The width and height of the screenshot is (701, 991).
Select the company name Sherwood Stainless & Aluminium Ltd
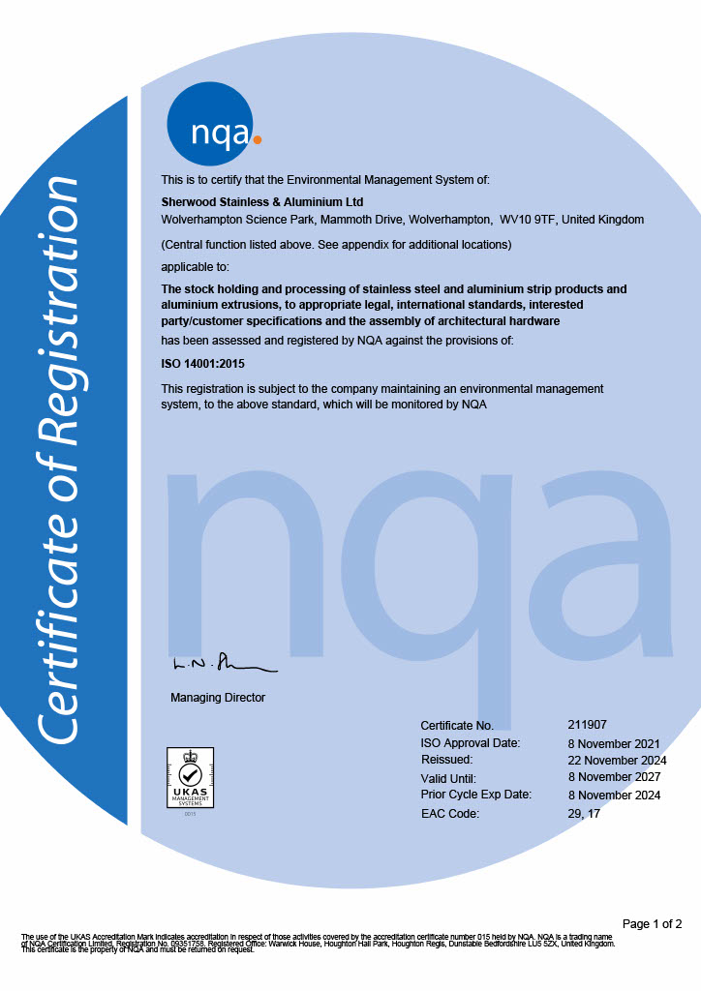[261, 202]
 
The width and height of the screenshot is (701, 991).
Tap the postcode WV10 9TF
[529, 220]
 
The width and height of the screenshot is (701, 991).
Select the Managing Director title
[217, 698]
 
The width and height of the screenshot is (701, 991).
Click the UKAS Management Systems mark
[191, 778]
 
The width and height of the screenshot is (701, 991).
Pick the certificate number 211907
[587, 724]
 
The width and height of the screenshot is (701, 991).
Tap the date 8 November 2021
[614, 743]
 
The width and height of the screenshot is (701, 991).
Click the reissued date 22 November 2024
[617, 761]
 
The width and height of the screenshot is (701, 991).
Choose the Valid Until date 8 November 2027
[614, 777]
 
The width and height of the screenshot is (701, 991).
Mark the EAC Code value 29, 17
[586, 813]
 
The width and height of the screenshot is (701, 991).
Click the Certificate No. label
[457, 725]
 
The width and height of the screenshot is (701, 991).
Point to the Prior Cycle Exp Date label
[475, 795]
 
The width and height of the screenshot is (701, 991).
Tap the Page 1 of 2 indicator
[653, 923]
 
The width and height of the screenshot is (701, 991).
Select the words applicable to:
[195, 266]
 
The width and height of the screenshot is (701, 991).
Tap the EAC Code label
[449, 813]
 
